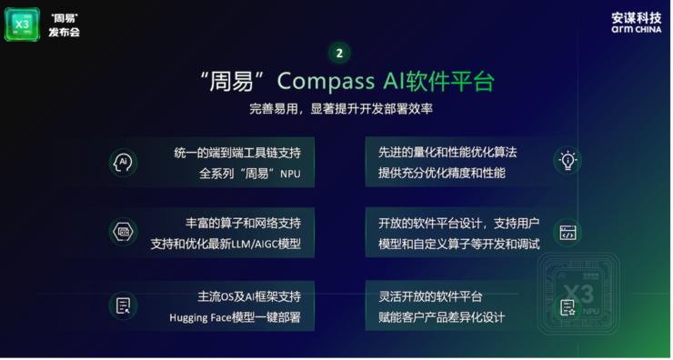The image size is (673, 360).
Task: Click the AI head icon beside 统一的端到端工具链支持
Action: tap(123, 162)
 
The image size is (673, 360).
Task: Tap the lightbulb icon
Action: tap(568, 161)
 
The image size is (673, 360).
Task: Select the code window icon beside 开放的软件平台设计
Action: tap(568, 233)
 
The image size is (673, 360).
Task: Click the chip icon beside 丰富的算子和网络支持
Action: tap(123, 233)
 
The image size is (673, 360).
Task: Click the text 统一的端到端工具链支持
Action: tap(236, 152)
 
